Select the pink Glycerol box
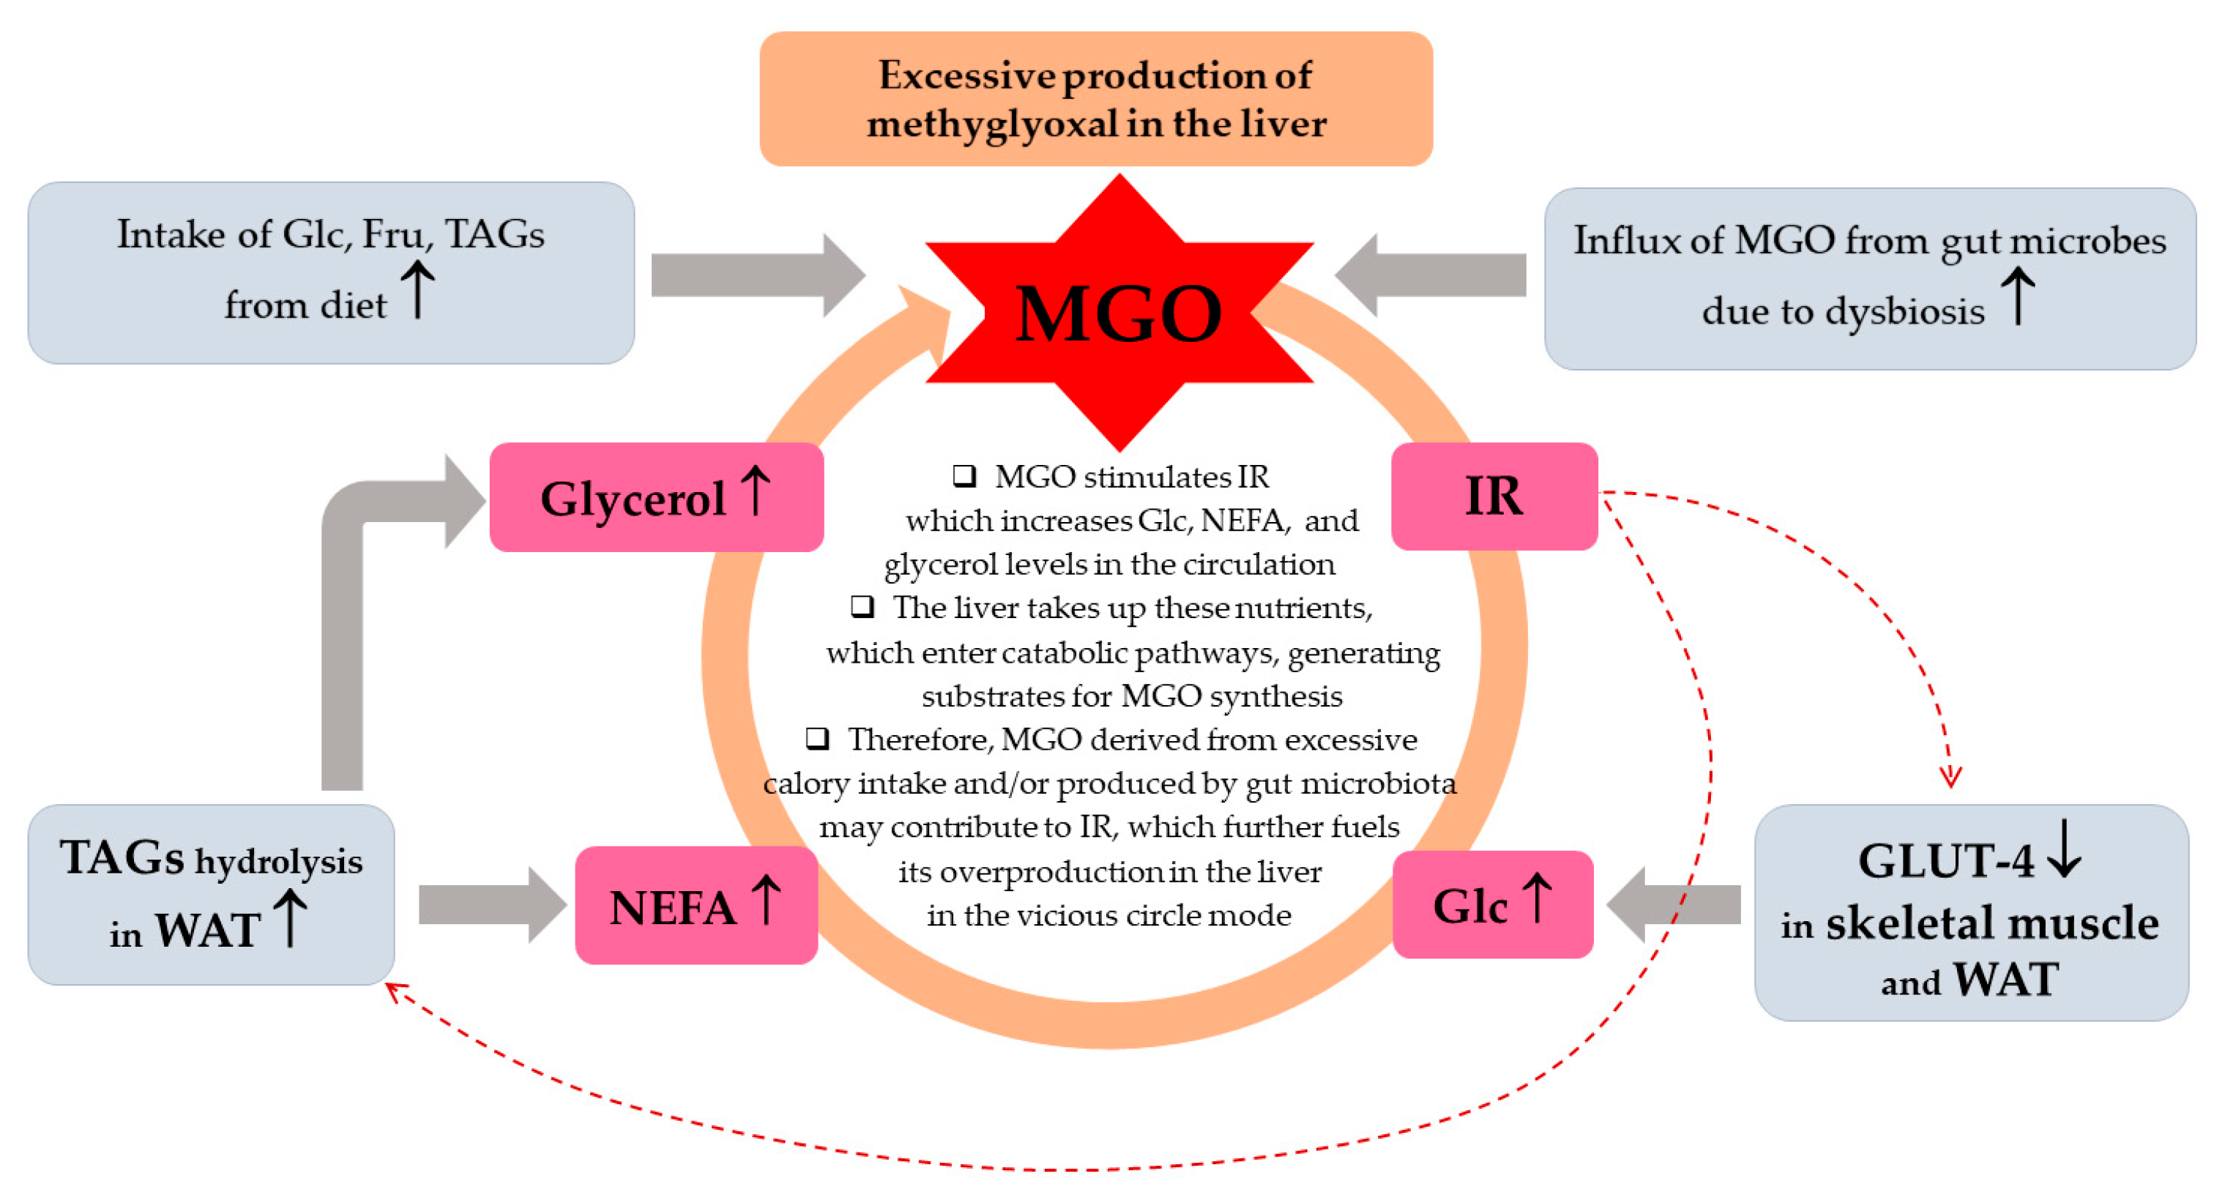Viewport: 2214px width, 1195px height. tap(656, 497)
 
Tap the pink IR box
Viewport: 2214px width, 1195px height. tap(1494, 496)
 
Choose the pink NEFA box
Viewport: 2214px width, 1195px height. tap(696, 905)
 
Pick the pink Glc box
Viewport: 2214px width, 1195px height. tap(1492, 904)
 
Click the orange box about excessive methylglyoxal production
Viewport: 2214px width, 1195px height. tap(1096, 99)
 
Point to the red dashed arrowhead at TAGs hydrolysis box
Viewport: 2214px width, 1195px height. tap(395, 992)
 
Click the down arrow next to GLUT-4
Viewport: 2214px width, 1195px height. tap(2065, 849)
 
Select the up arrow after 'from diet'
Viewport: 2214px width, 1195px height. tap(419, 290)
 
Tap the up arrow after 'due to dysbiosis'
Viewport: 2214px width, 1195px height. tap(2018, 296)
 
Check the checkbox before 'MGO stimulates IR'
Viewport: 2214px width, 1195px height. tap(964, 475)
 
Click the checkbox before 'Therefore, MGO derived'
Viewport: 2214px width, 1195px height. tap(817, 737)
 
